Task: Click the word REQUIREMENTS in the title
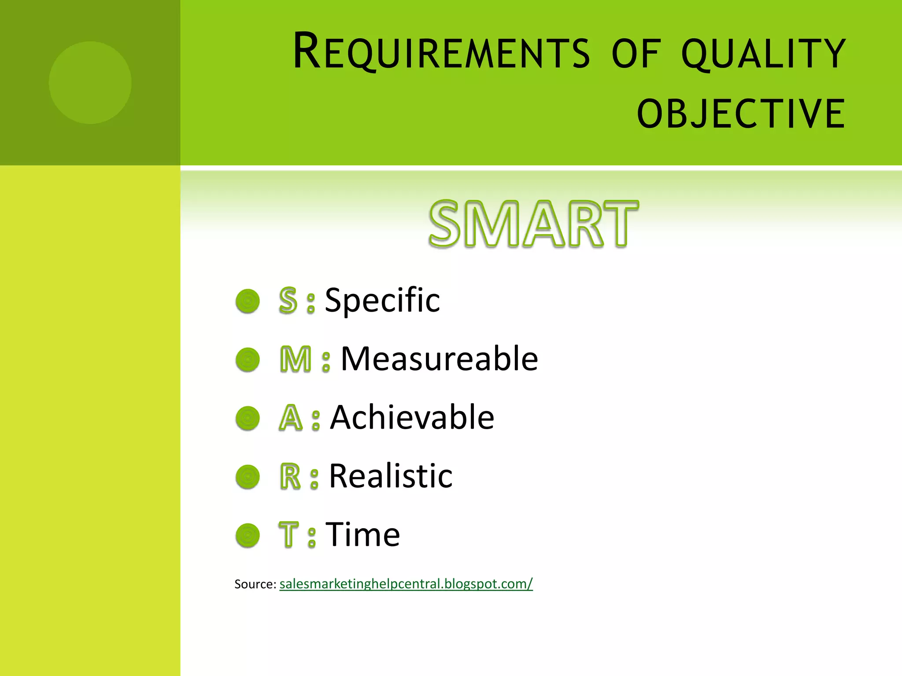(441, 52)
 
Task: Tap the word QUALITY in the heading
(763, 54)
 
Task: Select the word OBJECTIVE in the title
(741, 114)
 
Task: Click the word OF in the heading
(636, 54)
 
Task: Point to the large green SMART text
(533, 224)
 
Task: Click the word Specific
(382, 301)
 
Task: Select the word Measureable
(439, 359)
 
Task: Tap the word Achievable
(412, 418)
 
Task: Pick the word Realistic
(391, 476)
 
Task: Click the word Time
(362, 535)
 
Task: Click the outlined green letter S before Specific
(288, 301)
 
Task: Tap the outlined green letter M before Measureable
(296, 360)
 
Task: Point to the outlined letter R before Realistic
(290, 476)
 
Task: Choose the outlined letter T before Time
(289, 535)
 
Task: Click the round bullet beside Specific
(248, 301)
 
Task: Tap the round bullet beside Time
(248, 536)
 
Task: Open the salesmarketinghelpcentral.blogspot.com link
(406, 584)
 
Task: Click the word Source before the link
(255, 584)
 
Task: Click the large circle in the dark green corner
(90, 83)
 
